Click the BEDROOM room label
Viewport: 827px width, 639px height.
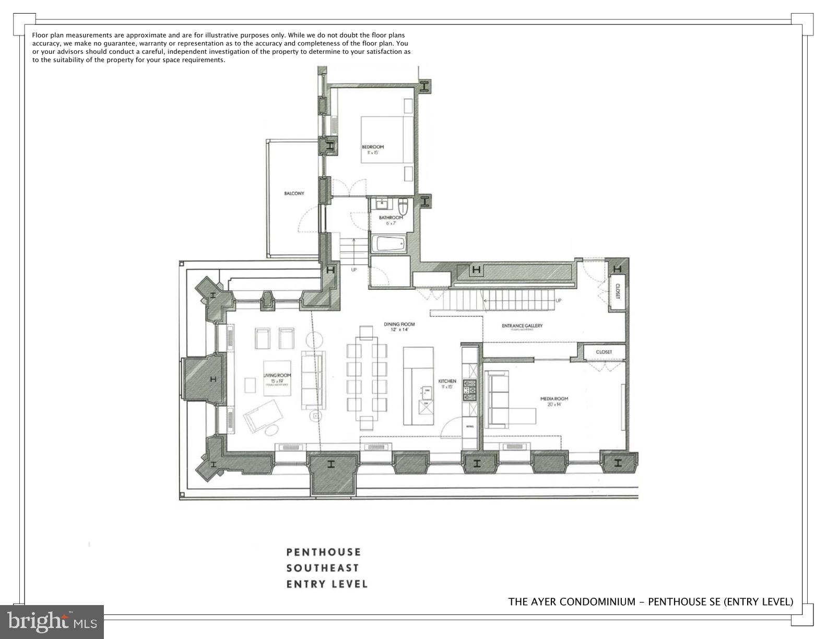[x=373, y=147]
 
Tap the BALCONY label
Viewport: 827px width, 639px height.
[x=294, y=194]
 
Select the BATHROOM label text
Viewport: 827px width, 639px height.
[x=391, y=218]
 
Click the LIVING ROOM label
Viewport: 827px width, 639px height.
[x=277, y=375]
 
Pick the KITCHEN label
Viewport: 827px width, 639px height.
[x=447, y=381]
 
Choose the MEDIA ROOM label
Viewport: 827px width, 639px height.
[x=554, y=399]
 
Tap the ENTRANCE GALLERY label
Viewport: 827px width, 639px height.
[x=522, y=326]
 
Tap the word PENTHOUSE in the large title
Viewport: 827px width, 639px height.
[x=324, y=552]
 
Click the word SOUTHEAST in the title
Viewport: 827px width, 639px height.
[x=323, y=568]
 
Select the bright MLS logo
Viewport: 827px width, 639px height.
[x=52, y=622]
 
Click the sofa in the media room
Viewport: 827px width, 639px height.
[x=498, y=399]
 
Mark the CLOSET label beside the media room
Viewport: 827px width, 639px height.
[x=604, y=352]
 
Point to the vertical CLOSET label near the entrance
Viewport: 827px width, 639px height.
[x=617, y=291]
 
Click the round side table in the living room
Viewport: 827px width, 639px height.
[x=316, y=416]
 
